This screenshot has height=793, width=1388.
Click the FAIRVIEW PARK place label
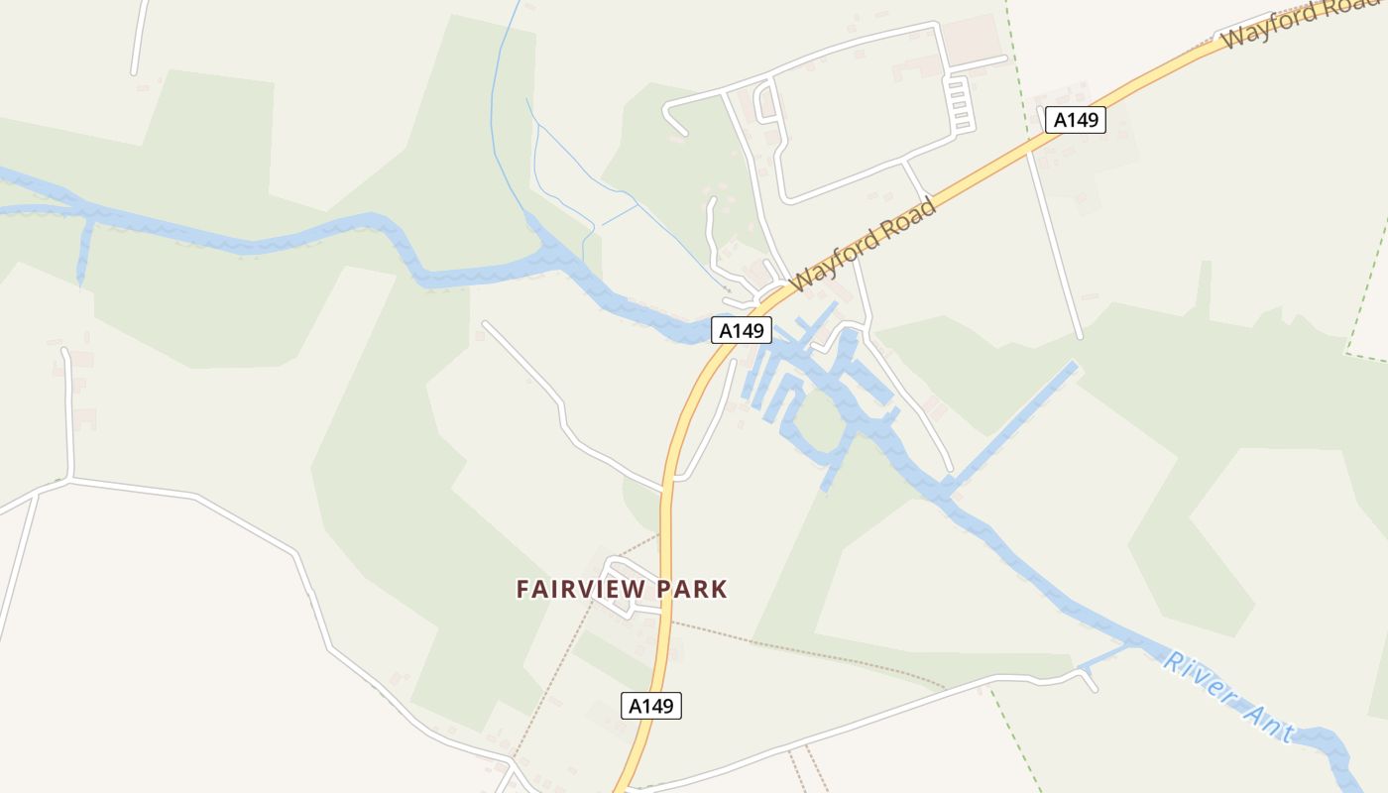[622, 589]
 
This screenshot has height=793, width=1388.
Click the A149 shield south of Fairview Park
[651, 706]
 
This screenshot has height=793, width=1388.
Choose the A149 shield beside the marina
[741, 330]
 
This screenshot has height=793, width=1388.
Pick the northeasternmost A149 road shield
[1076, 120]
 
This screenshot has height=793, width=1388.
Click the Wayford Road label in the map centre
[865, 245]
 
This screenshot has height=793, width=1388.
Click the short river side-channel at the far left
[84, 253]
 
